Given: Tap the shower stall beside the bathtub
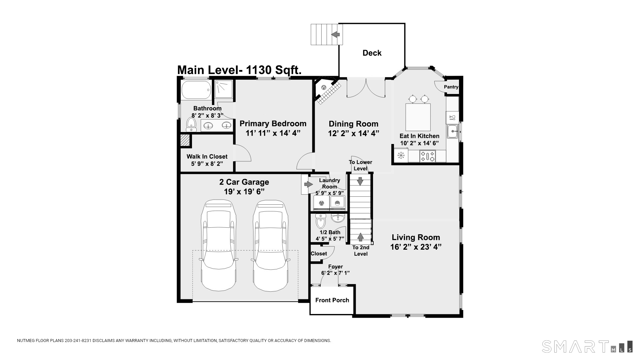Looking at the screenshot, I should coord(223,89).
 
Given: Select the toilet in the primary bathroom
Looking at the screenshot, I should coord(191,124).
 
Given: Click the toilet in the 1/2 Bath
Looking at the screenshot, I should coord(321,222).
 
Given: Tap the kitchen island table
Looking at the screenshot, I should coord(418,117).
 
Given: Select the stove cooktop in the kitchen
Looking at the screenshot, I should coord(427,156).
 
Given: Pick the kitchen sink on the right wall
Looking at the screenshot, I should coord(452,131).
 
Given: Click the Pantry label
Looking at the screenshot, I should coord(451,87).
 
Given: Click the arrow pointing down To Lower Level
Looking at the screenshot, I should coord(360,181).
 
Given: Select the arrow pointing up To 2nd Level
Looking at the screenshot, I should coord(360,237).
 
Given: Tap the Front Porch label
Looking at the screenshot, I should coord(332,300).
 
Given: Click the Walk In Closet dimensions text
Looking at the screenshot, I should coord(207,164).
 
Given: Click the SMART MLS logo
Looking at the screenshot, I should coord(587,346).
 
